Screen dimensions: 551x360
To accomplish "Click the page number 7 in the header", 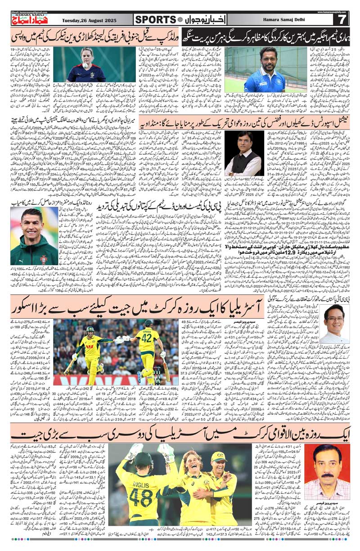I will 341,19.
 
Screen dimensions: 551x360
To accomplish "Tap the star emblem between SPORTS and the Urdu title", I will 180,19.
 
